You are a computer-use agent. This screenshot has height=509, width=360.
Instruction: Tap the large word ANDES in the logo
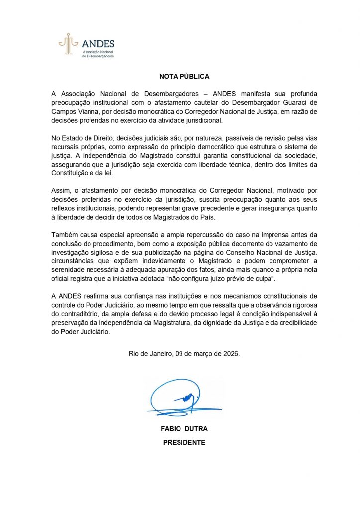(97, 43)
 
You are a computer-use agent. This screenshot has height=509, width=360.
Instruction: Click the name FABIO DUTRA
(184, 428)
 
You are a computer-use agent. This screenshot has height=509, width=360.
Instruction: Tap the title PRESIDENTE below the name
(184, 442)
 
